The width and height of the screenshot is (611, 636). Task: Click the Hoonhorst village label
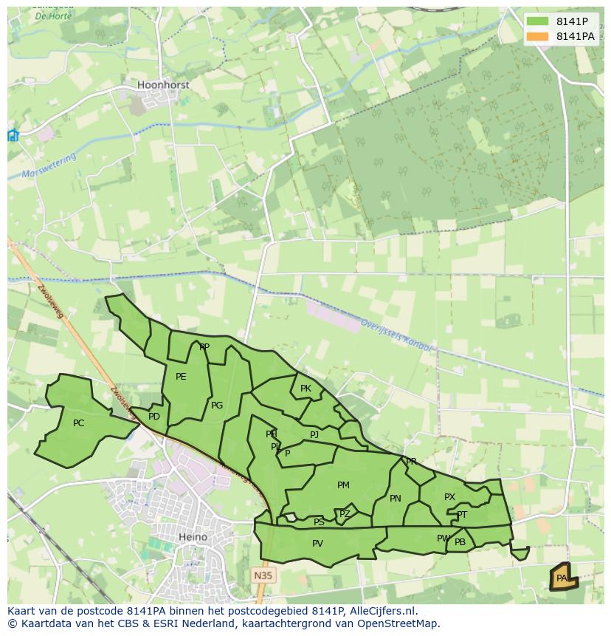163,85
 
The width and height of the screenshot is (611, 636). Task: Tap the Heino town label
193,537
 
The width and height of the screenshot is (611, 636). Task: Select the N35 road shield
263,575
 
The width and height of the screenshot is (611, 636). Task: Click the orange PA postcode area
563,578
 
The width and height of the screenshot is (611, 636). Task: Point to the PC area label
79,423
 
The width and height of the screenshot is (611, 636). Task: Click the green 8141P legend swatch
537,21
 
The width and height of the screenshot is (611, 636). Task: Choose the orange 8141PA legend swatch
537,36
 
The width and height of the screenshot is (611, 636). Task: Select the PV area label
317,544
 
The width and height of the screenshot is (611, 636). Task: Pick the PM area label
343,485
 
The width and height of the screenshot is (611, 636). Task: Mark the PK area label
305,389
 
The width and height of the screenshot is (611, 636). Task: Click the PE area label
181,377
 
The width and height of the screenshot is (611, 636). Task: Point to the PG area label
217,406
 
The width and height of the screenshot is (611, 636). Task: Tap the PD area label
153,417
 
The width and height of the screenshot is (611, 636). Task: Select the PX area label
449,497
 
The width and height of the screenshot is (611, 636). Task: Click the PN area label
396,499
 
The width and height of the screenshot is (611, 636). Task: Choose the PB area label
460,542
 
